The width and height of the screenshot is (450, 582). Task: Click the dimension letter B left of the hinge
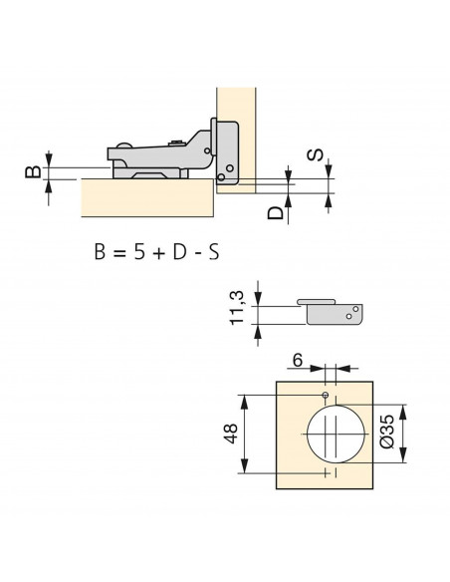click(x=33, y=171)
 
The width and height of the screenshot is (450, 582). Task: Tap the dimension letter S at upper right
click(x=315, y=154)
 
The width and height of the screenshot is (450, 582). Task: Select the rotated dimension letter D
click(x=275, y=213)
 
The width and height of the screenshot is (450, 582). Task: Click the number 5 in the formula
click(x=139, y=252)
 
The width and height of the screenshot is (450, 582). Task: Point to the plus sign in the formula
click(x=158, y=253)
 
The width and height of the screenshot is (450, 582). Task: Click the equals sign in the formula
click(x=119, y=253)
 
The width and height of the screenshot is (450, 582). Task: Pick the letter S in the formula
click(x=214, y=252)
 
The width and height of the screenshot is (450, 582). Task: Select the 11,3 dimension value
click(x=237, y=308)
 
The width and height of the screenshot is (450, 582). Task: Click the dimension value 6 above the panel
click(x=298, y=360)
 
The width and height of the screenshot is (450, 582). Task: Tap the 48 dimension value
click(x=230, y=434)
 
